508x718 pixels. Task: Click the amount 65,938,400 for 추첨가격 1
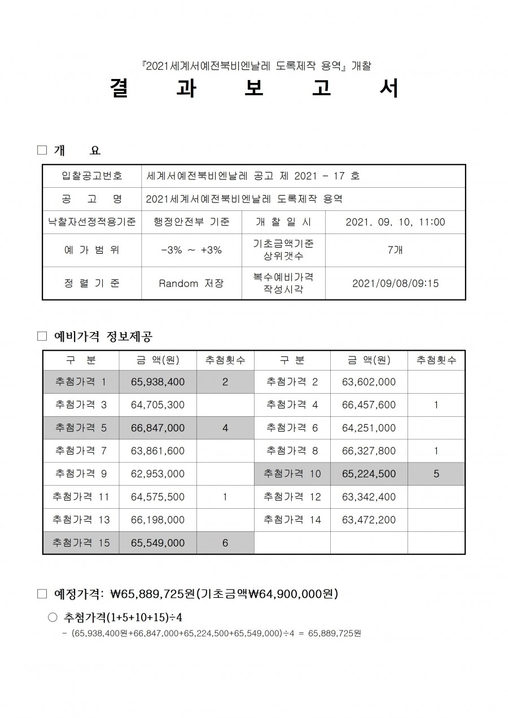pos(157,382)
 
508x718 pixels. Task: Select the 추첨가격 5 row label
pos(81,428)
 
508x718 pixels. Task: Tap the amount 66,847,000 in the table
pos(157,428)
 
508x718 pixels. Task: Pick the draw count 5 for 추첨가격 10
pos(436,474)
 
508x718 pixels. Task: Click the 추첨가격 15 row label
pos(81,543)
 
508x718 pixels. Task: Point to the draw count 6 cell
pos(225,543)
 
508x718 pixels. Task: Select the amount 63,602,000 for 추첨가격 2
pos(369,382)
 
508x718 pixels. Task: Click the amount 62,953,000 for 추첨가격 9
pos(157,474)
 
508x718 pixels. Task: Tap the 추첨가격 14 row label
pos(292,519)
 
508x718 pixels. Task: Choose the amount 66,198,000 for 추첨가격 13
pos(157,519)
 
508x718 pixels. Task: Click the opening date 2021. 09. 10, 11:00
pos(395,222)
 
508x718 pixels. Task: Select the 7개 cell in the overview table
pos(395,250)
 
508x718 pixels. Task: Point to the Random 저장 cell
pos(191,283)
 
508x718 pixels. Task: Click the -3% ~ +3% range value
pos(191,250)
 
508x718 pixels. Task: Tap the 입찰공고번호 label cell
pos(92,176)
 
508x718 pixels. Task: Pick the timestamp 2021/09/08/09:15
pos(395,283)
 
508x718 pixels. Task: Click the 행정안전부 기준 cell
pos(191,222)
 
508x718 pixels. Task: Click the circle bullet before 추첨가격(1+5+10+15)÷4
pos(53,618)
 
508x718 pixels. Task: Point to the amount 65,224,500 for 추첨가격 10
pos(369,474)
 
